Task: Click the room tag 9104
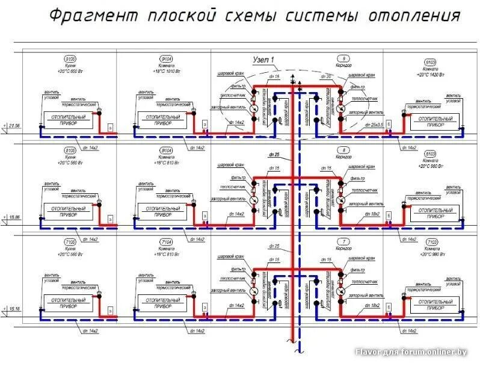point(165,59)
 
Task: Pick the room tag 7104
point(165,242)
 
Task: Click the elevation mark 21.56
point(14,125)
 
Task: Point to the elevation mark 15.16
point(14,309)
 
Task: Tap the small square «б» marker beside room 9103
point(389,123)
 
